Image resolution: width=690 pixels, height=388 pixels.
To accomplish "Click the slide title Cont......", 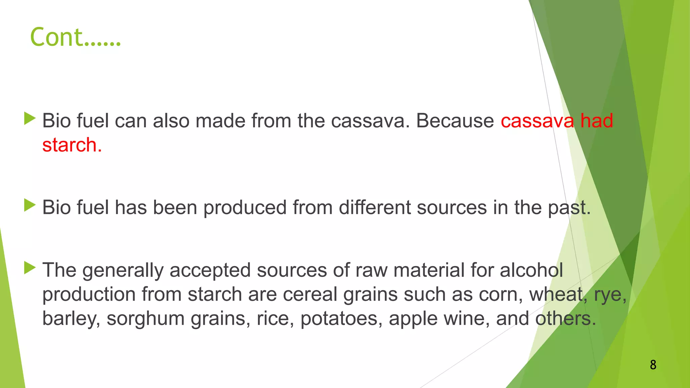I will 75,37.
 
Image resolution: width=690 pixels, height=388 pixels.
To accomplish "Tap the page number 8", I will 653,365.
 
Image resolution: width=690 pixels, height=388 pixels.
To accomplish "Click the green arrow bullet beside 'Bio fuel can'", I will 30,119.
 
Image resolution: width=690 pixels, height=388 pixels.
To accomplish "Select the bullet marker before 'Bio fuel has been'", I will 30,205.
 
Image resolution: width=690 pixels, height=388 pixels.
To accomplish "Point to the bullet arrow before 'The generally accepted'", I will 30,268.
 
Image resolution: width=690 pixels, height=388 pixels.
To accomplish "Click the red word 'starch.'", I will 72,145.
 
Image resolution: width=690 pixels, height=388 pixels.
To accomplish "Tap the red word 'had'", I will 596,121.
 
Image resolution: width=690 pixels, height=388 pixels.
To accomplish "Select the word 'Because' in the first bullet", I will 455,121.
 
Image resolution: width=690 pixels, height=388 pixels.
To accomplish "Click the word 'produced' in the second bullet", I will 245,207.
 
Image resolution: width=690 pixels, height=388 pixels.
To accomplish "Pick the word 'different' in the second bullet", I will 375,207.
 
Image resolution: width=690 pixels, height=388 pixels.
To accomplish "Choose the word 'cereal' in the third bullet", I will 310,294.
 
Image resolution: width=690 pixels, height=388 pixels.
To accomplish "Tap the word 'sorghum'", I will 146,319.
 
